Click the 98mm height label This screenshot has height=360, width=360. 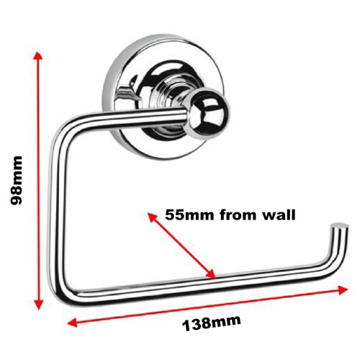point(17,180)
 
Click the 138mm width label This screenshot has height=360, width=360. point(212,323)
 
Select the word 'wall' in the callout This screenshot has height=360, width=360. point(279,215)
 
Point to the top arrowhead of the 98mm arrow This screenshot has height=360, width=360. point(37,55)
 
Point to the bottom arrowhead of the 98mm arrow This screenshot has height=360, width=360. point(38,304)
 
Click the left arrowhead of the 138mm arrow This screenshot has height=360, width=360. point(72,323)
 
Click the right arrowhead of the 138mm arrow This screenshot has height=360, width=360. point(343,290)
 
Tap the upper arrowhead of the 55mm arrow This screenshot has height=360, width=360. point(153,217)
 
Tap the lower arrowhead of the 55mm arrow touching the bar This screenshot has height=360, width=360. point(210,274)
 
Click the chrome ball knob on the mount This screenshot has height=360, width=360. point(209,113)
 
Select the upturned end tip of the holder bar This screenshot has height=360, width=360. point(340,227)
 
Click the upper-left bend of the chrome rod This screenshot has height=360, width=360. point(63,130)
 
